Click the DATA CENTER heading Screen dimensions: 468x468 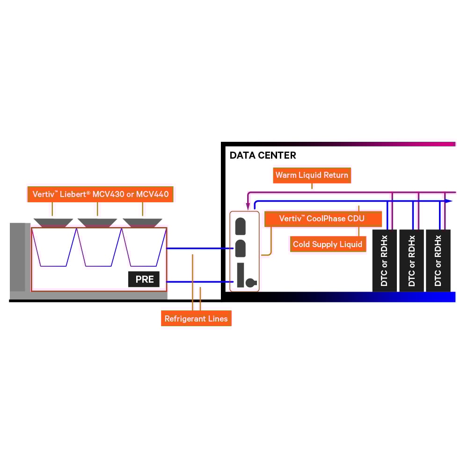263,155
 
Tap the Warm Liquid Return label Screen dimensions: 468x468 312,175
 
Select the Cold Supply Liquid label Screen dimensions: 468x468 328,244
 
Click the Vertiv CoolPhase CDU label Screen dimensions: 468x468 322,219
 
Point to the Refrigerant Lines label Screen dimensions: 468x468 196,319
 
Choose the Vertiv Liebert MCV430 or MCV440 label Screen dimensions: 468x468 101,193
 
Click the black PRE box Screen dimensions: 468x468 144,280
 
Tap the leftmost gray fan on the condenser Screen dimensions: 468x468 53,222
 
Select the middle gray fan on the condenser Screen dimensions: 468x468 97,222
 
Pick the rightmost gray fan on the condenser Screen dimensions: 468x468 142,222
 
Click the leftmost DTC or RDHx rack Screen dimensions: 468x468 385,261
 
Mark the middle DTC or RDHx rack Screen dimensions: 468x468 411,261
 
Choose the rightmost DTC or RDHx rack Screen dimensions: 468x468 438,261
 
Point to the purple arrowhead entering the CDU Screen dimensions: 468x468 248,206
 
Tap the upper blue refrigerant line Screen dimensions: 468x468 199,249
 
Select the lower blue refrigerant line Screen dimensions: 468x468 199,282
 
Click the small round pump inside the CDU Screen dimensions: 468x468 250,282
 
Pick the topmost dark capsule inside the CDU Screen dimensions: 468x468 241,226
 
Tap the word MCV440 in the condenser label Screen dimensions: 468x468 152,193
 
